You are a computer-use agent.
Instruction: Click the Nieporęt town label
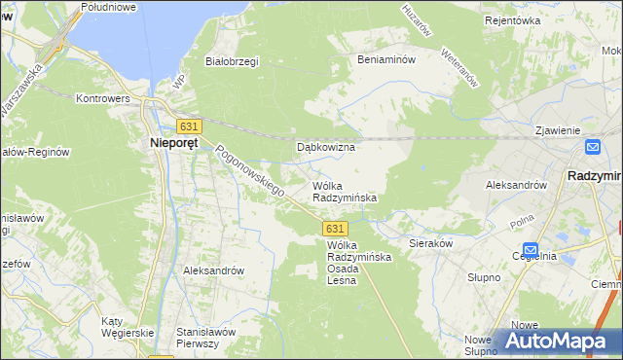(x=175, y=144)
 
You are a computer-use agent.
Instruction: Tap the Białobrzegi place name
(x=231, y=61)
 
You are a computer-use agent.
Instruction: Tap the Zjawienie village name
(x=558, y=130)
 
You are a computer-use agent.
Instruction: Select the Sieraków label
(x=430, y=244)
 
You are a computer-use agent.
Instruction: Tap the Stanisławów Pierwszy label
(x=206, y=337)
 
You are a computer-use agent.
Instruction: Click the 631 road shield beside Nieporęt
(x=189, y=126)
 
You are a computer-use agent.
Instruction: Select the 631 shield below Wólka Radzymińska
(x=333, y=227)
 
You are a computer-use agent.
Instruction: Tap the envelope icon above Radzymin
(x=593, y=147)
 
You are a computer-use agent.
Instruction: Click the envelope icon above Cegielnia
(x=530, y=248)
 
